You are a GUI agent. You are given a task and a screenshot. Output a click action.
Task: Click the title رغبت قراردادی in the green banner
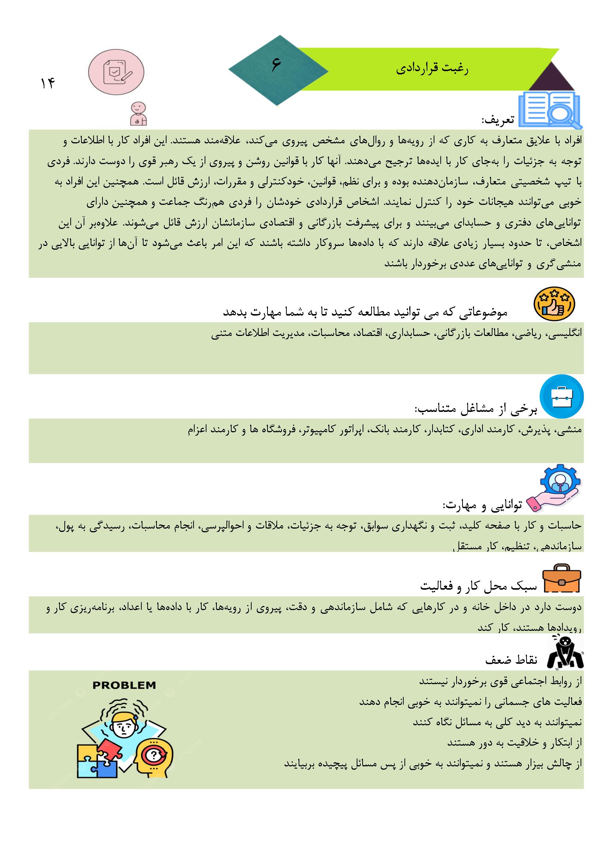432,69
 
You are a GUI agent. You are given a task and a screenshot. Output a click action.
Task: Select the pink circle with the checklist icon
116,71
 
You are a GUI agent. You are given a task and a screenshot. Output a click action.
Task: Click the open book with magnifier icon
549,110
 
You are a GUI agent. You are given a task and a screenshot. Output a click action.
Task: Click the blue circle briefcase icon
561,396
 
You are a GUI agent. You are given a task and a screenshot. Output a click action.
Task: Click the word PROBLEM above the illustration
124,685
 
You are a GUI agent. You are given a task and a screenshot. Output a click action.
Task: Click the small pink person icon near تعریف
138,114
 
